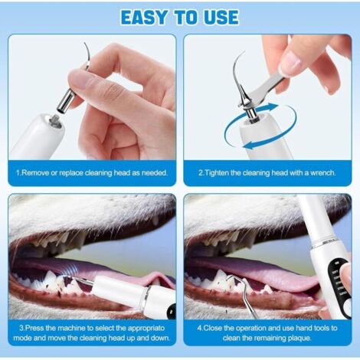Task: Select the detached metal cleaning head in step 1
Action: tap(68, 97)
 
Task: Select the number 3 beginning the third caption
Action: tap(17, 329)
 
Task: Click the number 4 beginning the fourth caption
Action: tap(198, 329)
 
